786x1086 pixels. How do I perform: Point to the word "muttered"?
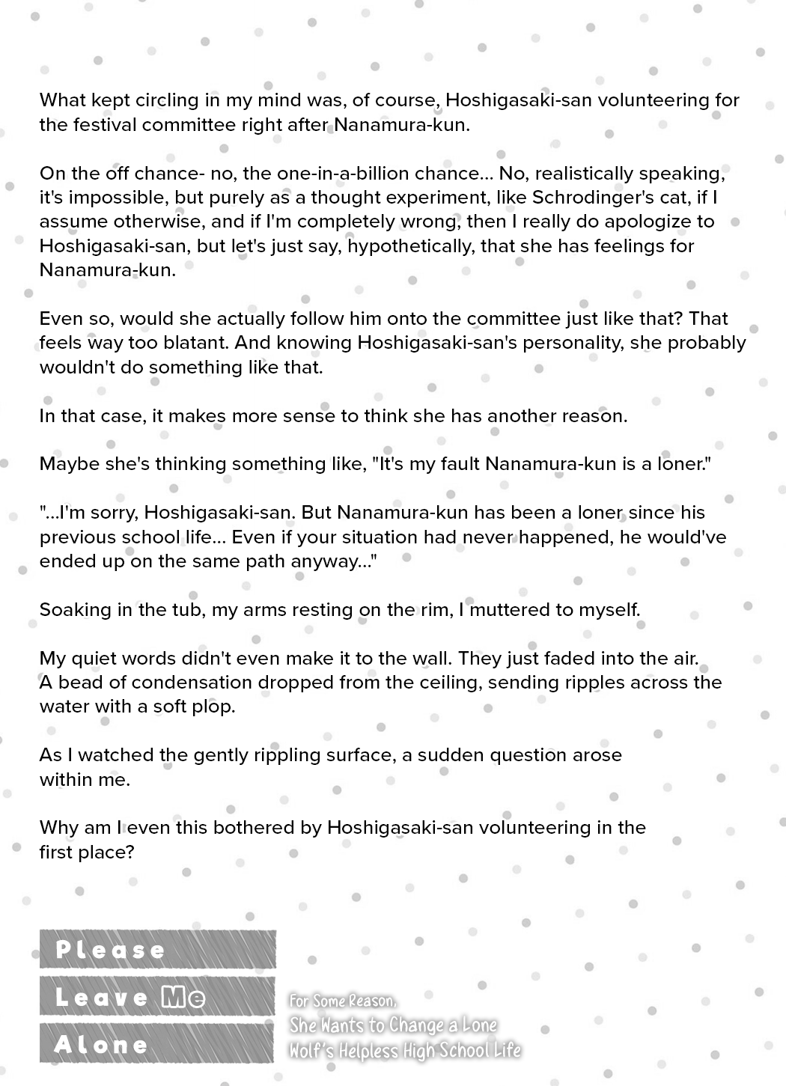click(x=509, y=610)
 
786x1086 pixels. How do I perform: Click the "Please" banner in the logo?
click(x=111, y=950)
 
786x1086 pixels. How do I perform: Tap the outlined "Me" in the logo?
click(x=183, y=997)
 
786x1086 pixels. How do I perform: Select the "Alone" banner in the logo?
click(x=102, y=1044)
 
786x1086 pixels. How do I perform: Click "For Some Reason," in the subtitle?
click(x=344, y=1001)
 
